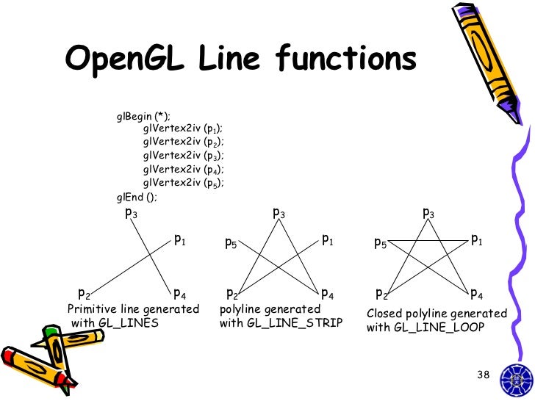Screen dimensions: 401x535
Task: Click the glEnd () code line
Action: coord(137,196)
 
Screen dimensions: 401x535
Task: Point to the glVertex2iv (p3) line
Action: coord(184,156)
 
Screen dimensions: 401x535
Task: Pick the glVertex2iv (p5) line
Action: coord(184,182)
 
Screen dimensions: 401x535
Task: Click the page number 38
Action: coord(483,375)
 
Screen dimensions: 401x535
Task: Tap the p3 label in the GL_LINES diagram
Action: coord(131,214)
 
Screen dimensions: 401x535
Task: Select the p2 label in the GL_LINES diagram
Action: coord(85,295)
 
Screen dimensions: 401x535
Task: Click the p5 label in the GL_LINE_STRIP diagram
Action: coord(231,242)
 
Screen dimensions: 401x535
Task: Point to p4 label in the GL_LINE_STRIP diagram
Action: coord(328,295)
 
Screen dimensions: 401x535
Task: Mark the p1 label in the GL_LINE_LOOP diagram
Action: coord(476,239)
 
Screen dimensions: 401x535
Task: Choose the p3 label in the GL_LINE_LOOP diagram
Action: coord(428,214)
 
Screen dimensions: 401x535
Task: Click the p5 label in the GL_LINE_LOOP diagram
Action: coord(380,242)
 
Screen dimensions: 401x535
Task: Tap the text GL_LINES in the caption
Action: coord(133,322)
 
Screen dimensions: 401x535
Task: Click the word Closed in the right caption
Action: coord(384,314)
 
